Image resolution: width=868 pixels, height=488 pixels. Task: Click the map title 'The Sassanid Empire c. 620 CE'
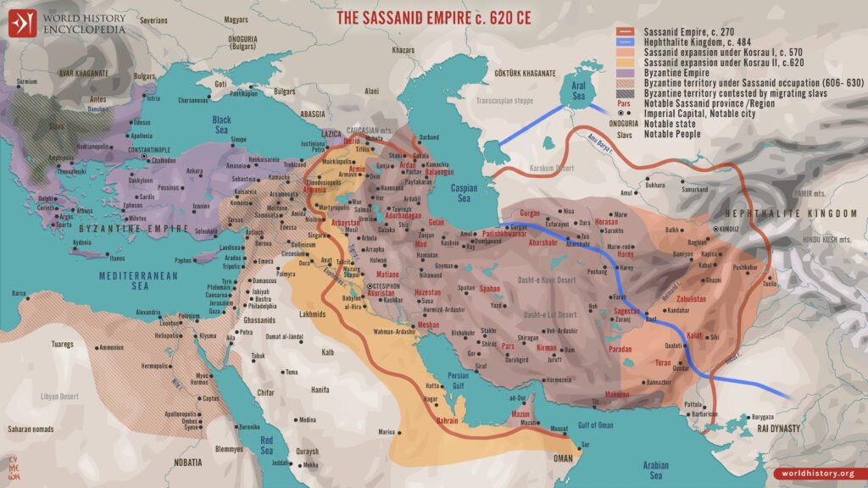(x=433, y=17)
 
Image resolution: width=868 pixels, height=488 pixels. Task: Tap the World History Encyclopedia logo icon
(x=23, y=24)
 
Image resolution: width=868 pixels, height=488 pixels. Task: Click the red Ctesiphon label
(x=383, y=286)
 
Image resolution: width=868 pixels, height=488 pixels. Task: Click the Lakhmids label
(x=314, y=314)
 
